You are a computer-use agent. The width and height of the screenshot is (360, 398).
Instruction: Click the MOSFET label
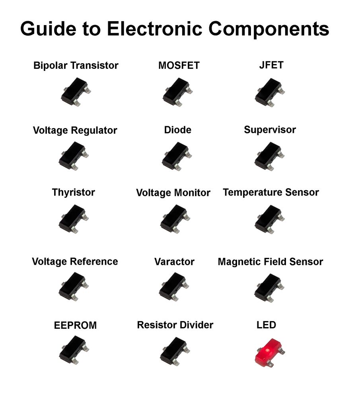pos(179,66)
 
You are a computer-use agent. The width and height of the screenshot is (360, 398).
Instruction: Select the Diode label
pos(177,130)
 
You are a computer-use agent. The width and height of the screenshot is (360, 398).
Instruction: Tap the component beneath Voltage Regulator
pos(73,156)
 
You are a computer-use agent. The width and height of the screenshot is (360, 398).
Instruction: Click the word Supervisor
pos(270,130)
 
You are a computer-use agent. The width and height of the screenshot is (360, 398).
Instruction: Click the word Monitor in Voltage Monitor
pos(192,193)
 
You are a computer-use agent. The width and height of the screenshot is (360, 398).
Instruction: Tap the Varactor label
pos(174,262)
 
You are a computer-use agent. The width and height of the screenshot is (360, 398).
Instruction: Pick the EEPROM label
pos(75,326)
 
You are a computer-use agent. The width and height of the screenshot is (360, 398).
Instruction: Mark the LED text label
pos(266,325)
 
